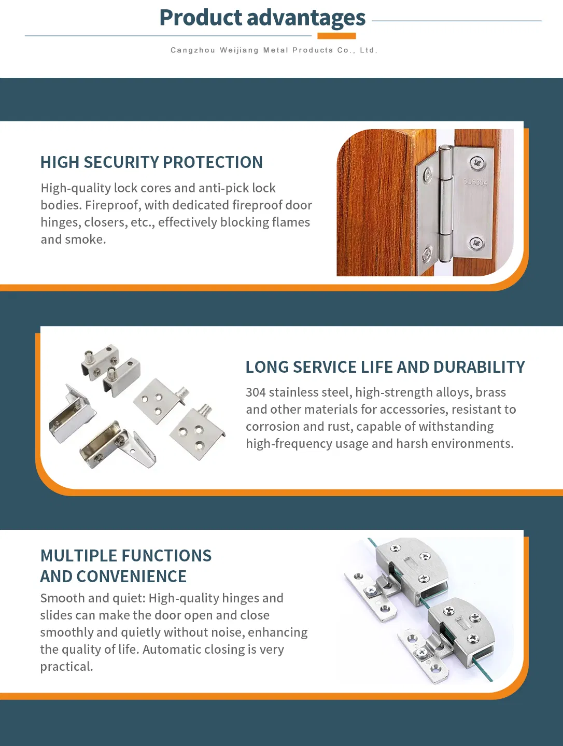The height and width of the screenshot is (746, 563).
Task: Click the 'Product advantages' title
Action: [262, 18]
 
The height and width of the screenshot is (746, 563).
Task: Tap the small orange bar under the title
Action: [336, 36]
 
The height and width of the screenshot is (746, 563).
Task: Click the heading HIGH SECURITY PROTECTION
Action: [151, 162]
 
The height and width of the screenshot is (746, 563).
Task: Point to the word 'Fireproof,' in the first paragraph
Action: [113, 205]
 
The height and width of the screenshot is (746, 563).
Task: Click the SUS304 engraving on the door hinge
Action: [475, 182]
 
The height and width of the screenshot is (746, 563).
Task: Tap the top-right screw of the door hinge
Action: [477, 163]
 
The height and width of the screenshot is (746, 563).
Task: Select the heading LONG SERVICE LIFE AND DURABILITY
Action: [385, 367]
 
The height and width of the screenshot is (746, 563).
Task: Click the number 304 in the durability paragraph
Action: [256, 392]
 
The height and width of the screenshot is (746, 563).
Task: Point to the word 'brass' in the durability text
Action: [490, 392]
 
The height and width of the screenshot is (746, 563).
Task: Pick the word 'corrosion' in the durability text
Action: [272, 427]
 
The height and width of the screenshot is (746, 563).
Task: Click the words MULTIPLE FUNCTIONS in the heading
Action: [126, 556]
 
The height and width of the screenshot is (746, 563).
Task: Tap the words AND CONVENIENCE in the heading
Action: [114, 576]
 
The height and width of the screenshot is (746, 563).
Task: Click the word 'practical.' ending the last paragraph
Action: [66, 667]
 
